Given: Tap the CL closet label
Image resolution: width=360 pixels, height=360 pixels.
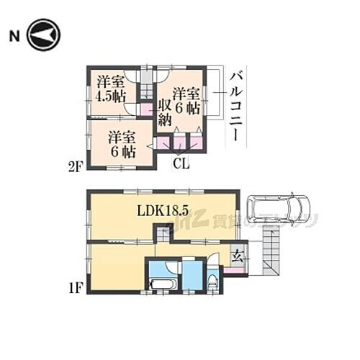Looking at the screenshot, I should (x=181, y=163).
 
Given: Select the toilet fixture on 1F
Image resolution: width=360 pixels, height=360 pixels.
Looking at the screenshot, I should (x=213, y=284).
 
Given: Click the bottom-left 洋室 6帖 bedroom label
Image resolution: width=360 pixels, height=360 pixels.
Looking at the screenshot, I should (x=121, y=143).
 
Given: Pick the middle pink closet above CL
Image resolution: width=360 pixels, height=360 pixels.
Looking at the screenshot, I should (x=178, y=141).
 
